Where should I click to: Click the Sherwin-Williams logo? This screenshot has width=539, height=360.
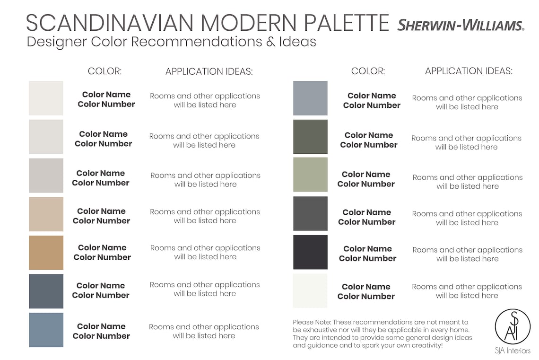point(461,25)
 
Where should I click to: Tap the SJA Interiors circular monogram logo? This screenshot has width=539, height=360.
point(513,326)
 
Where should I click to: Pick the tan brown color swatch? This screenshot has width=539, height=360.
point(46,253)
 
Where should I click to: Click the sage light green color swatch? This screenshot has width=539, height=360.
point(310,175)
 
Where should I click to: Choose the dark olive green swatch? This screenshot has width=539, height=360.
point(310,137)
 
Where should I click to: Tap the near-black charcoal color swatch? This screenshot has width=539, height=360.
point(310,252)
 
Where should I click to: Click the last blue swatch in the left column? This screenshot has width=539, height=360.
point(46,330)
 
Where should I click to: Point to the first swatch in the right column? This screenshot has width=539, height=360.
point(310,98)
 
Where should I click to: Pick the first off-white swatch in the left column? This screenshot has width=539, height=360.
point(46,98)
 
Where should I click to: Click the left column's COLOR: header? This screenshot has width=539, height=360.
point(104,71)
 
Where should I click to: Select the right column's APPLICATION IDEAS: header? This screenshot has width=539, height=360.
point(469,71)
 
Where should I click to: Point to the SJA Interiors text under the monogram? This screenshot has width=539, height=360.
point(513,351)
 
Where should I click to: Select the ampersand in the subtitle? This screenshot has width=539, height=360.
point(270,42)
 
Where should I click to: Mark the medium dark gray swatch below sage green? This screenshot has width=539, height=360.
point(310,213)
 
